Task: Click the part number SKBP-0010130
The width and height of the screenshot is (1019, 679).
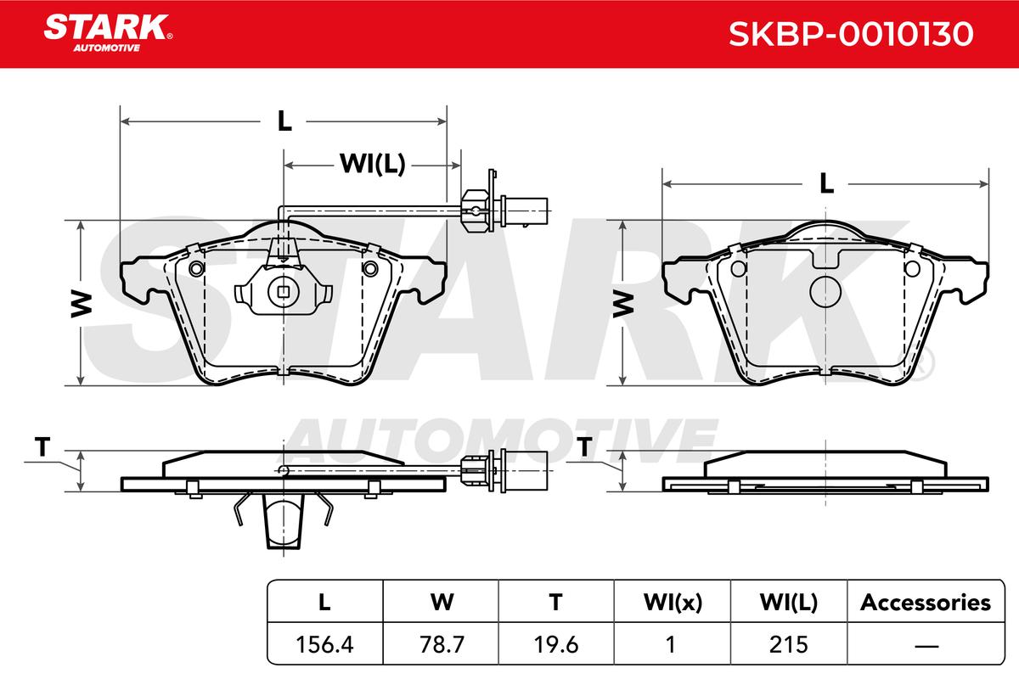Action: point(851,34)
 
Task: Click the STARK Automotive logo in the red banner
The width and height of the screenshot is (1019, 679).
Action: point(108,33)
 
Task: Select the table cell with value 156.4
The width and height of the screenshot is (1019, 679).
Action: point(324,644)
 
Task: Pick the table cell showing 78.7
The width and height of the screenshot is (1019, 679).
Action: point(442,644)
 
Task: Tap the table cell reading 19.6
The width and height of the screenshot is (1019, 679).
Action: point(556,644)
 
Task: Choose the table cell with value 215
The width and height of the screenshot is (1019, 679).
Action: point(788,644)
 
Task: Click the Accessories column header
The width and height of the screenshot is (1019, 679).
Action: point(926,602)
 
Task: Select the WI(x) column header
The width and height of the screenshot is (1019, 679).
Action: point(673,603)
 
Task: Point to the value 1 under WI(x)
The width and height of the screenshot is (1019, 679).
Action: point(671,644)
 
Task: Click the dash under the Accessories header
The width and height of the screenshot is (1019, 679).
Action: point(926,645)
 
